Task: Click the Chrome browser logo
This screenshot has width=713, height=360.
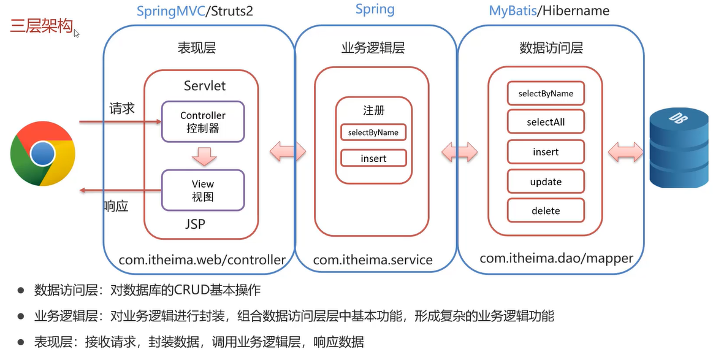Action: [43, 154]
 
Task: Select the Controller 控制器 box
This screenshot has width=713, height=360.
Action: [203, 121]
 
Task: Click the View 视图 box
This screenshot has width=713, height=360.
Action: [203, 190]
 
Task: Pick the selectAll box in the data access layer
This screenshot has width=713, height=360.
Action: [546, 122]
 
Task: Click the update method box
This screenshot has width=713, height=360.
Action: [546, 182]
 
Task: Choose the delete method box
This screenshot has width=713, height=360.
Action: [546, 210]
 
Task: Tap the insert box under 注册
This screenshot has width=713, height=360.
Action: [373, 158]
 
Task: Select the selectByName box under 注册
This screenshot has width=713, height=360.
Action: [373, 132]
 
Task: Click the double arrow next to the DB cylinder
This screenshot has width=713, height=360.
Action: [626, 150]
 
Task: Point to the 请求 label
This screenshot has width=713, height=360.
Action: [122, 109]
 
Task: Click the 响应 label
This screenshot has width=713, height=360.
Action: [116, 206]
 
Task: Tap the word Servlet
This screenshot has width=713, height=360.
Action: [205, 86]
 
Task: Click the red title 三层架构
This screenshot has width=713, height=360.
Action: [41, 26]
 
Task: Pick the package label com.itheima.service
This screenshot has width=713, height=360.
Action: [373, 259]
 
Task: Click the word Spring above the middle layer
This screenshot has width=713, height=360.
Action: [375, 9]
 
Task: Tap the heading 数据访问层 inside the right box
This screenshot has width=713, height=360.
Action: [551, 48]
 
